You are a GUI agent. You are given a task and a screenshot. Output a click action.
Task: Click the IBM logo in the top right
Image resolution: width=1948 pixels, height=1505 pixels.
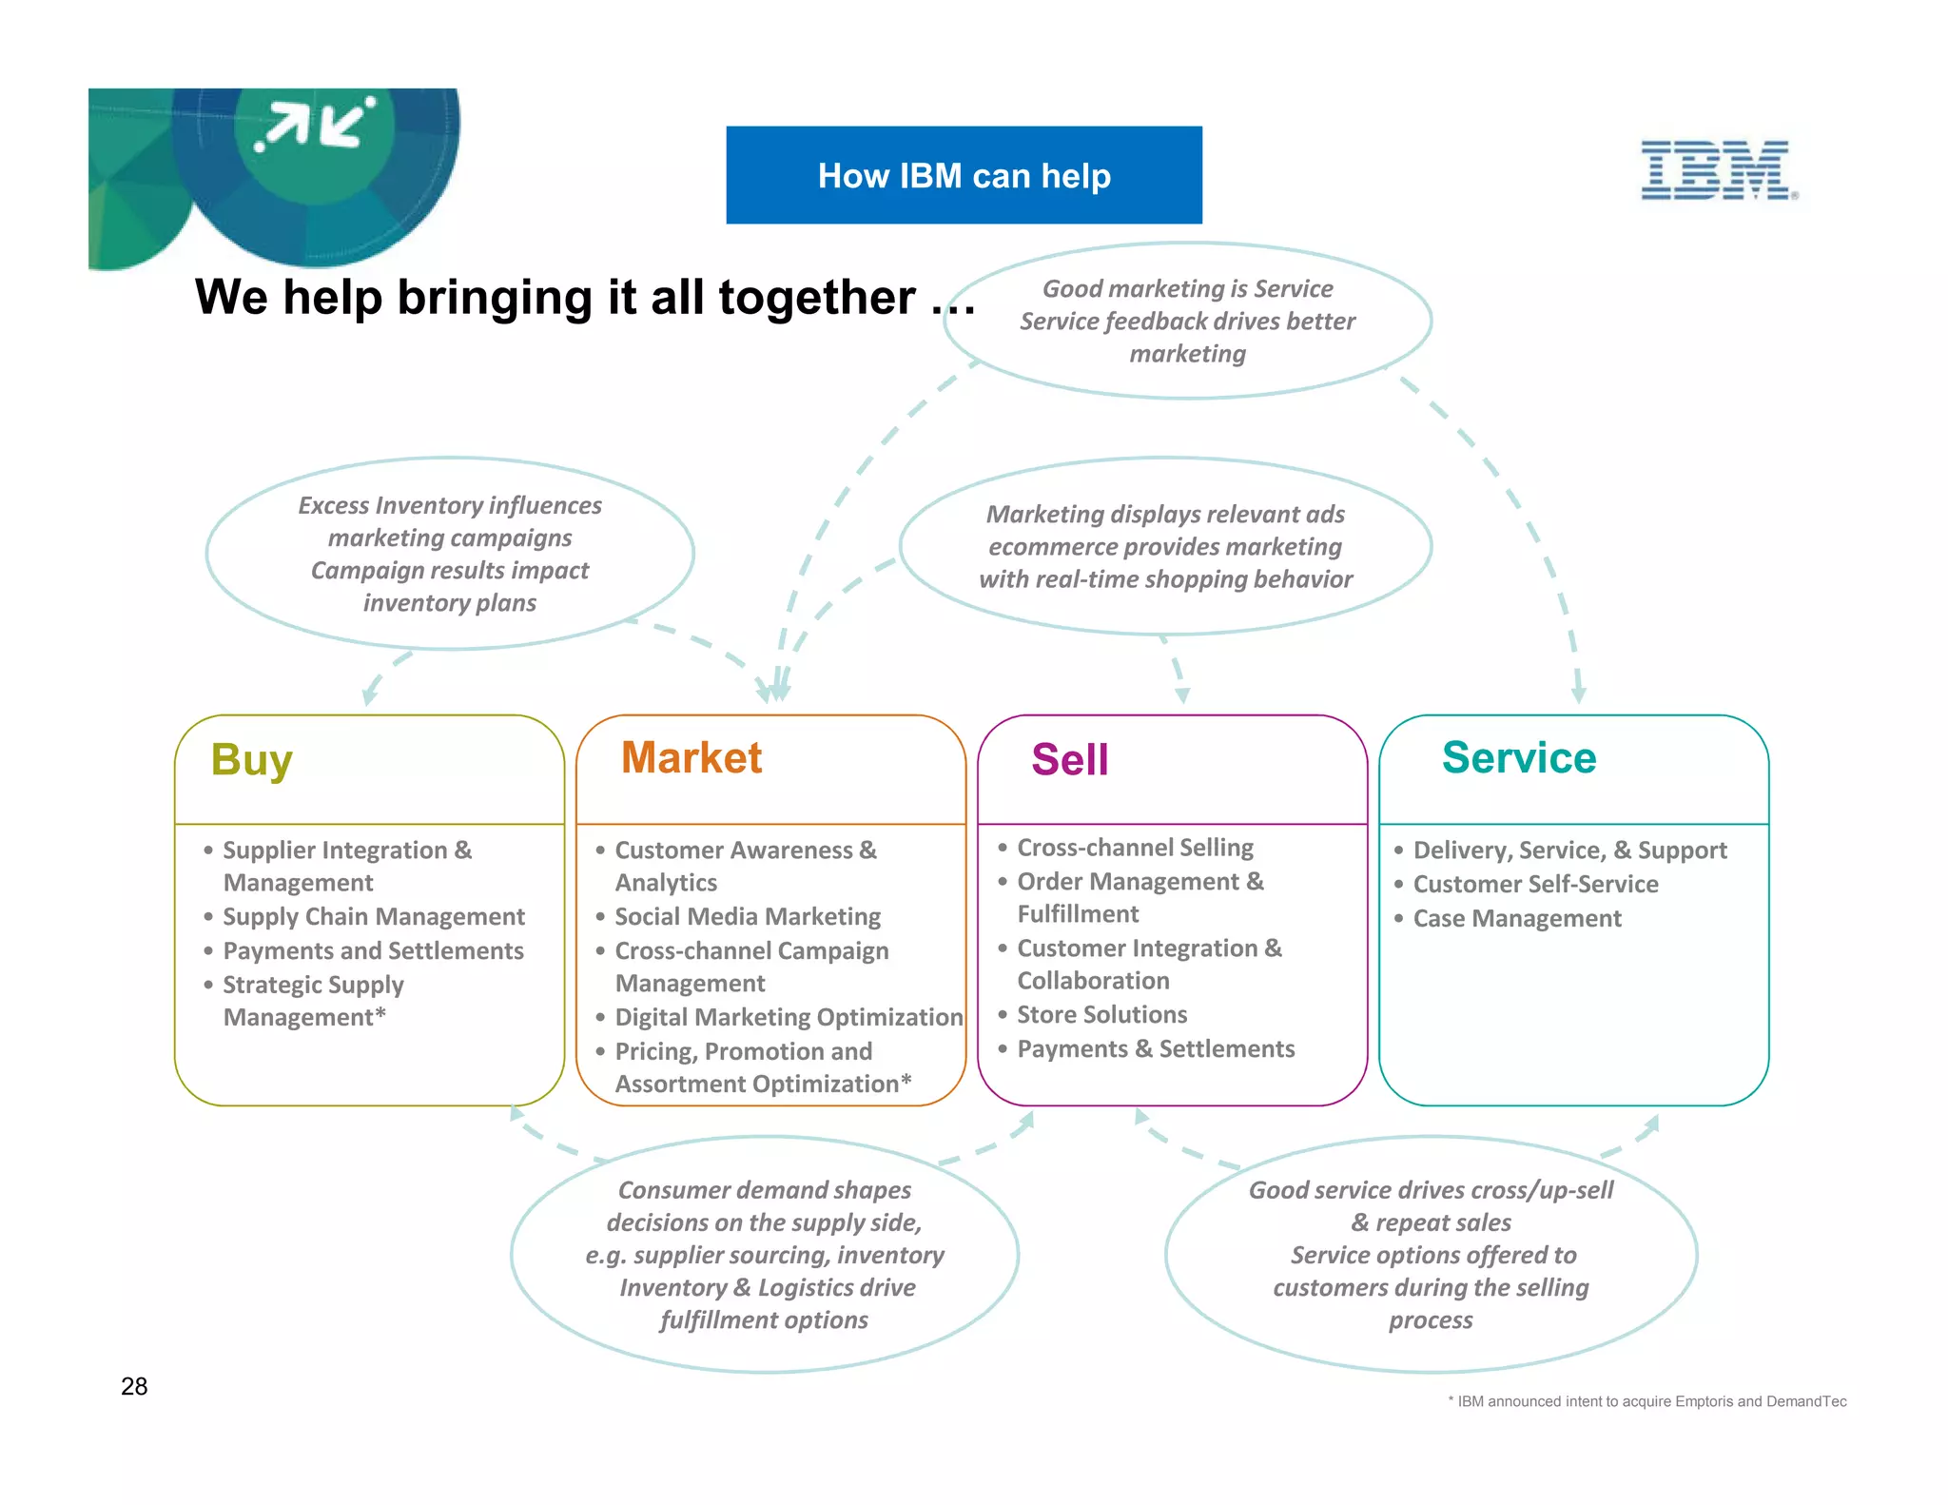point(1717,170)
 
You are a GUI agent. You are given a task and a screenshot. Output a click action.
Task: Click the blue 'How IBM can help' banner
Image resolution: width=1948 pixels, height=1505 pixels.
point(964,175)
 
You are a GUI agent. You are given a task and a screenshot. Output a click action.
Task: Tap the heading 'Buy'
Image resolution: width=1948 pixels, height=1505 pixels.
point(251,760)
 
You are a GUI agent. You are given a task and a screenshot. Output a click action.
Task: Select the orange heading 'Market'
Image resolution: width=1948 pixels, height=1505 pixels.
point(692,758)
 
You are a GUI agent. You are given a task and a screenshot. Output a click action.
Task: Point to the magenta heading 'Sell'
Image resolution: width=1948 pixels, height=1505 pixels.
point(1069,760)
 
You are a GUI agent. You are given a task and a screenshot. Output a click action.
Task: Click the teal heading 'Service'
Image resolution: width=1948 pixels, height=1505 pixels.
point(1518,758)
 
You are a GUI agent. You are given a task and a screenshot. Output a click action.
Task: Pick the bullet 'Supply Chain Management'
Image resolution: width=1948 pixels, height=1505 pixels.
point(373,917)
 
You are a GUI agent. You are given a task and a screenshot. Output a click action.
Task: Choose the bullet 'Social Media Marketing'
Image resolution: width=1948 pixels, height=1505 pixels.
point(747,917)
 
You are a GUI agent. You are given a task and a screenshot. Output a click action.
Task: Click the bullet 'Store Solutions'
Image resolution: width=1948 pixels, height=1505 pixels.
point(1101,1015)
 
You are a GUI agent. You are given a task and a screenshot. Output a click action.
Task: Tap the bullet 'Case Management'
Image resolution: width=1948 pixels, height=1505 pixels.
point(1516,919)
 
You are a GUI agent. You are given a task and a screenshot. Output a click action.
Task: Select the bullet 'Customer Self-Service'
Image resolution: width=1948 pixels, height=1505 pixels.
point(1534,885)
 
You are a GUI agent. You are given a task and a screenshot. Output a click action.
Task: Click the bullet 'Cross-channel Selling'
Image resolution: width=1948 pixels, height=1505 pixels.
point(1135,848)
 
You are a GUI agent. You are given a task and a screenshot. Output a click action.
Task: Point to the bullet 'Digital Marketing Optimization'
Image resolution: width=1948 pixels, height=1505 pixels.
point(788,1018)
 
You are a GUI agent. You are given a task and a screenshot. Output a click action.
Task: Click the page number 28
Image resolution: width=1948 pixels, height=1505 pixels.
point(134,1386)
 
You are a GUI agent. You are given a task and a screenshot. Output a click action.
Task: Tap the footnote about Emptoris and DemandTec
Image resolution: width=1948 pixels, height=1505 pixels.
point(1648,1401)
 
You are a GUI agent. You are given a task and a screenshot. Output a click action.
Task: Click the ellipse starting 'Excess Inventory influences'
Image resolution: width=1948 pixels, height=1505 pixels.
point(449,554)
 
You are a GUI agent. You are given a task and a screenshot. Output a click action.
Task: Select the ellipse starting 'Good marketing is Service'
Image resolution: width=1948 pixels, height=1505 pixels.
point(1187,321)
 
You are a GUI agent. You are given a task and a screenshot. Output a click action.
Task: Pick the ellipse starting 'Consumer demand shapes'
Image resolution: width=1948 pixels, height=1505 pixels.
point(764,1254)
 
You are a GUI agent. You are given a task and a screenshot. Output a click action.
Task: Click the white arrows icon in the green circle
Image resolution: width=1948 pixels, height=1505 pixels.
point(315,125)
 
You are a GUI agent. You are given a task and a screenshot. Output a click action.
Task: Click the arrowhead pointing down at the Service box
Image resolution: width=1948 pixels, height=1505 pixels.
point(1578,694)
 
